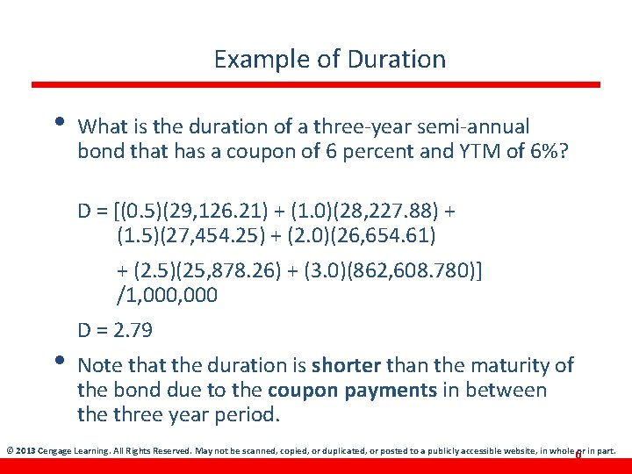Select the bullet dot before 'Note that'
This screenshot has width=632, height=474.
pyautogui.click(x=58, y=359)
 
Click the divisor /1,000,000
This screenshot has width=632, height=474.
pyautogui.click(x=167, y=296)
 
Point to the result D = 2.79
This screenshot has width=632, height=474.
pyautogui.click(x=115, y=331)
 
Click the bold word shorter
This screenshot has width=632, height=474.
pyautogui.click(x=346, y=365)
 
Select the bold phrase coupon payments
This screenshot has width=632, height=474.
pyautogui.click(x=337, y=390)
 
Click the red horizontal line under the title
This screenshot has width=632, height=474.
pyautogui.click(x=316, y=85)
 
